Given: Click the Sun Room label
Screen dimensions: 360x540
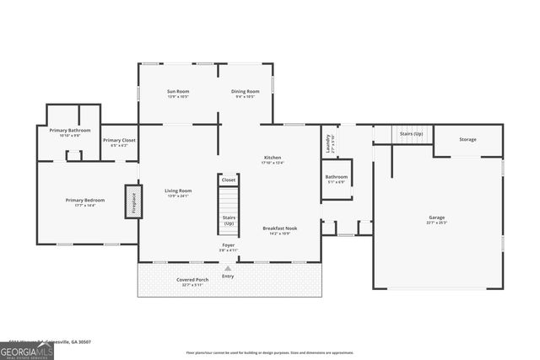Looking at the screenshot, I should pos(177,93).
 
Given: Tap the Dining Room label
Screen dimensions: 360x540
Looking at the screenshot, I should pos(245,93).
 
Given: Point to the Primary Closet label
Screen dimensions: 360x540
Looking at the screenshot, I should pos(119,142).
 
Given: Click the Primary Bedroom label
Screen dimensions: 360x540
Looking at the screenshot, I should pos(85,201).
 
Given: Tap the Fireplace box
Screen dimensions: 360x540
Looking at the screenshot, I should pos(132,202).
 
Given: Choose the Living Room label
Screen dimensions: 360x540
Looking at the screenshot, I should pos(178,192).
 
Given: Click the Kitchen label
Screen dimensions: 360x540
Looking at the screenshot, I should pos(273,159).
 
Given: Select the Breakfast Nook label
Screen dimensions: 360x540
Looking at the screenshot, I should pos(276,229).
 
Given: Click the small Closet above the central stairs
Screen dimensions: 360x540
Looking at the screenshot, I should pos(229,180).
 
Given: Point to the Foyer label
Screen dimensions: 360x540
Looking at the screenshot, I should pos(229,246).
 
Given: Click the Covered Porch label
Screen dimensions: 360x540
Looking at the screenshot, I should pos(192,281).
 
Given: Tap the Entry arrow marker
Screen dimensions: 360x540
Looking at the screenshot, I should pos(227,269).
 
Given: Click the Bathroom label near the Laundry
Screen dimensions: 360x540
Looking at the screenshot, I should pos(336,179).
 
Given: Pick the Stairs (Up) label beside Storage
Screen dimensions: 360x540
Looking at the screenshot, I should pos(411,134).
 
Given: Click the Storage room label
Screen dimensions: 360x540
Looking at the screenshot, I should pos(467,139).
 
